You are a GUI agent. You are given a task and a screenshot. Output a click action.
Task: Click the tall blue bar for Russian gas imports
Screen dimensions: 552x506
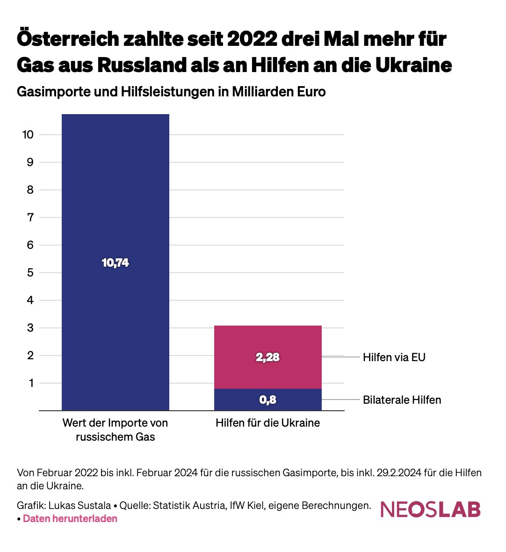point(115,187)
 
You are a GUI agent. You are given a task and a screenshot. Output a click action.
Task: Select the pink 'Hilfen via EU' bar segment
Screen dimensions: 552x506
point(267,341)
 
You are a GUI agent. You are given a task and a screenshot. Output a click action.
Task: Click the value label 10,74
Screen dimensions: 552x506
point(115,263)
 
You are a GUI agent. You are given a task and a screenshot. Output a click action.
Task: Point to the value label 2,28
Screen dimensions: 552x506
point(267,357)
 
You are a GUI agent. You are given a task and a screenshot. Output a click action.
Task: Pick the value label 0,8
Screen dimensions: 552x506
point(267,400)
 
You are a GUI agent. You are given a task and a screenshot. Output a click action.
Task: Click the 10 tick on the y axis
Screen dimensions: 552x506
point(28,135)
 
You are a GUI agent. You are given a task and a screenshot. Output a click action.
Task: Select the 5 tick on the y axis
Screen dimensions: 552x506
point(30,273)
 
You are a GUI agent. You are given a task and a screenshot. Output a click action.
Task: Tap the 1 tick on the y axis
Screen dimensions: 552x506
point(30,383)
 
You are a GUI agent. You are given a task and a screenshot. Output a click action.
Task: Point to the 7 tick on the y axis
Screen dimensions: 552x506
point(30,218)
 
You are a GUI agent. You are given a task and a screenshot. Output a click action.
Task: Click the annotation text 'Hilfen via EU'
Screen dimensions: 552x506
point(394,358)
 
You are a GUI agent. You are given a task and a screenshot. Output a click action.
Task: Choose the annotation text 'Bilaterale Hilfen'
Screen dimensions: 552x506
point(402,400)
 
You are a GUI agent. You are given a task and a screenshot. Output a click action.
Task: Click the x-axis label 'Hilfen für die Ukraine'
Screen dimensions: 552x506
point(267,423)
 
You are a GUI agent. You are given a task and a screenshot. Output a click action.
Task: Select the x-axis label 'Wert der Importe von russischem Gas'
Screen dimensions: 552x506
point(115,430)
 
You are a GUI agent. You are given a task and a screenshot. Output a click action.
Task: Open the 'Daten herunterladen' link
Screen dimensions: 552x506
point(70,519)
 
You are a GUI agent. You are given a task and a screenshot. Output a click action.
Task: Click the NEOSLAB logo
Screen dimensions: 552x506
point(430,509)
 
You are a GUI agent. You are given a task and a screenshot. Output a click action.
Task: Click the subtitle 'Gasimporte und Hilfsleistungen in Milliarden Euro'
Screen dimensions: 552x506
point(171,92)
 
